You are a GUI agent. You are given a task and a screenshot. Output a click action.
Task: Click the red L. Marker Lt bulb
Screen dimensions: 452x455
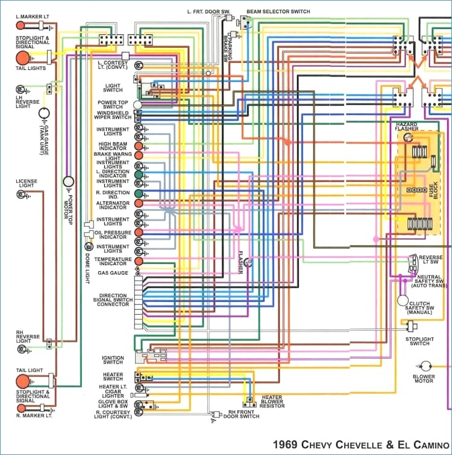coord(20,25)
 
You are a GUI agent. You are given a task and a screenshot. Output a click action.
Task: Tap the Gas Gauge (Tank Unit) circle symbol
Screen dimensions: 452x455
coord(44,113)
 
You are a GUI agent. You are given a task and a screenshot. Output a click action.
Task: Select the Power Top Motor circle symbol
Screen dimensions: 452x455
coord(69,181)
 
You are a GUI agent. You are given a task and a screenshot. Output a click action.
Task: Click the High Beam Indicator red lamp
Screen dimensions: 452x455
coord(139,146)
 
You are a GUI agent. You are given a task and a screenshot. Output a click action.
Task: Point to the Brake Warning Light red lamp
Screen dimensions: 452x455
coord(139,155)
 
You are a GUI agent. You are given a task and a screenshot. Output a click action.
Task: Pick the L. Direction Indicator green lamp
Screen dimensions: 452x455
coord(139,175)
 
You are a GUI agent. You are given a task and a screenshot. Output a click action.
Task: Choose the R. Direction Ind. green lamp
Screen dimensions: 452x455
coord(139,193)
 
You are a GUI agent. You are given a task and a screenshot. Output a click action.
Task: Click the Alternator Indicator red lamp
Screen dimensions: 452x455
coord(139,203)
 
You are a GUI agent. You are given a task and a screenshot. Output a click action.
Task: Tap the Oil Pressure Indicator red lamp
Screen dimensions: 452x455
coord(139,232)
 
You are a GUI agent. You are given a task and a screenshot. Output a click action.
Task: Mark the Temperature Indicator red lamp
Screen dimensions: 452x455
coord(139,261)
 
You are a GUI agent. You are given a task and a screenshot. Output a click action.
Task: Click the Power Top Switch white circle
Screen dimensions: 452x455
coord(137,105)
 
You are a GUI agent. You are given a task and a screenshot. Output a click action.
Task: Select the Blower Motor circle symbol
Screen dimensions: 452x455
coord(426,366)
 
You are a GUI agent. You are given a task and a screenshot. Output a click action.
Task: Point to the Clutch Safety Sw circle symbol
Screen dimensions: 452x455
coord(403,300)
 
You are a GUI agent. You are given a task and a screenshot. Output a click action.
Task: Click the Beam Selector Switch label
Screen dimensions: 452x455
coord(278,11)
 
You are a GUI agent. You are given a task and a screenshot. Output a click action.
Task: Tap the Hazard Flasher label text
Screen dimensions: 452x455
coord(407,126)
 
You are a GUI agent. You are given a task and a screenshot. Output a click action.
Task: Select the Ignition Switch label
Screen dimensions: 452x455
coord(113,360)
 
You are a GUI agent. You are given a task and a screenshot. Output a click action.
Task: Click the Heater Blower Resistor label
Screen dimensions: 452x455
coord(272,401)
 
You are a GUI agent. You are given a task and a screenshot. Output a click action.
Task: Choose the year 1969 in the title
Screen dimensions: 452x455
coord(285,445)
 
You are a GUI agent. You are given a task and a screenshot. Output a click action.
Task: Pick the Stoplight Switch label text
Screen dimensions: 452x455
coord(419,341)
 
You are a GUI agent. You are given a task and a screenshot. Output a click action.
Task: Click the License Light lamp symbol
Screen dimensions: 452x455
coord(21,194)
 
